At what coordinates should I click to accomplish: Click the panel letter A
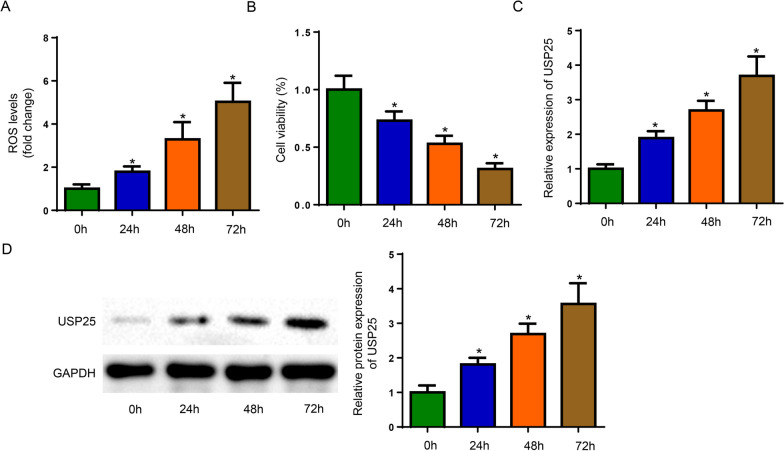[7, 9]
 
